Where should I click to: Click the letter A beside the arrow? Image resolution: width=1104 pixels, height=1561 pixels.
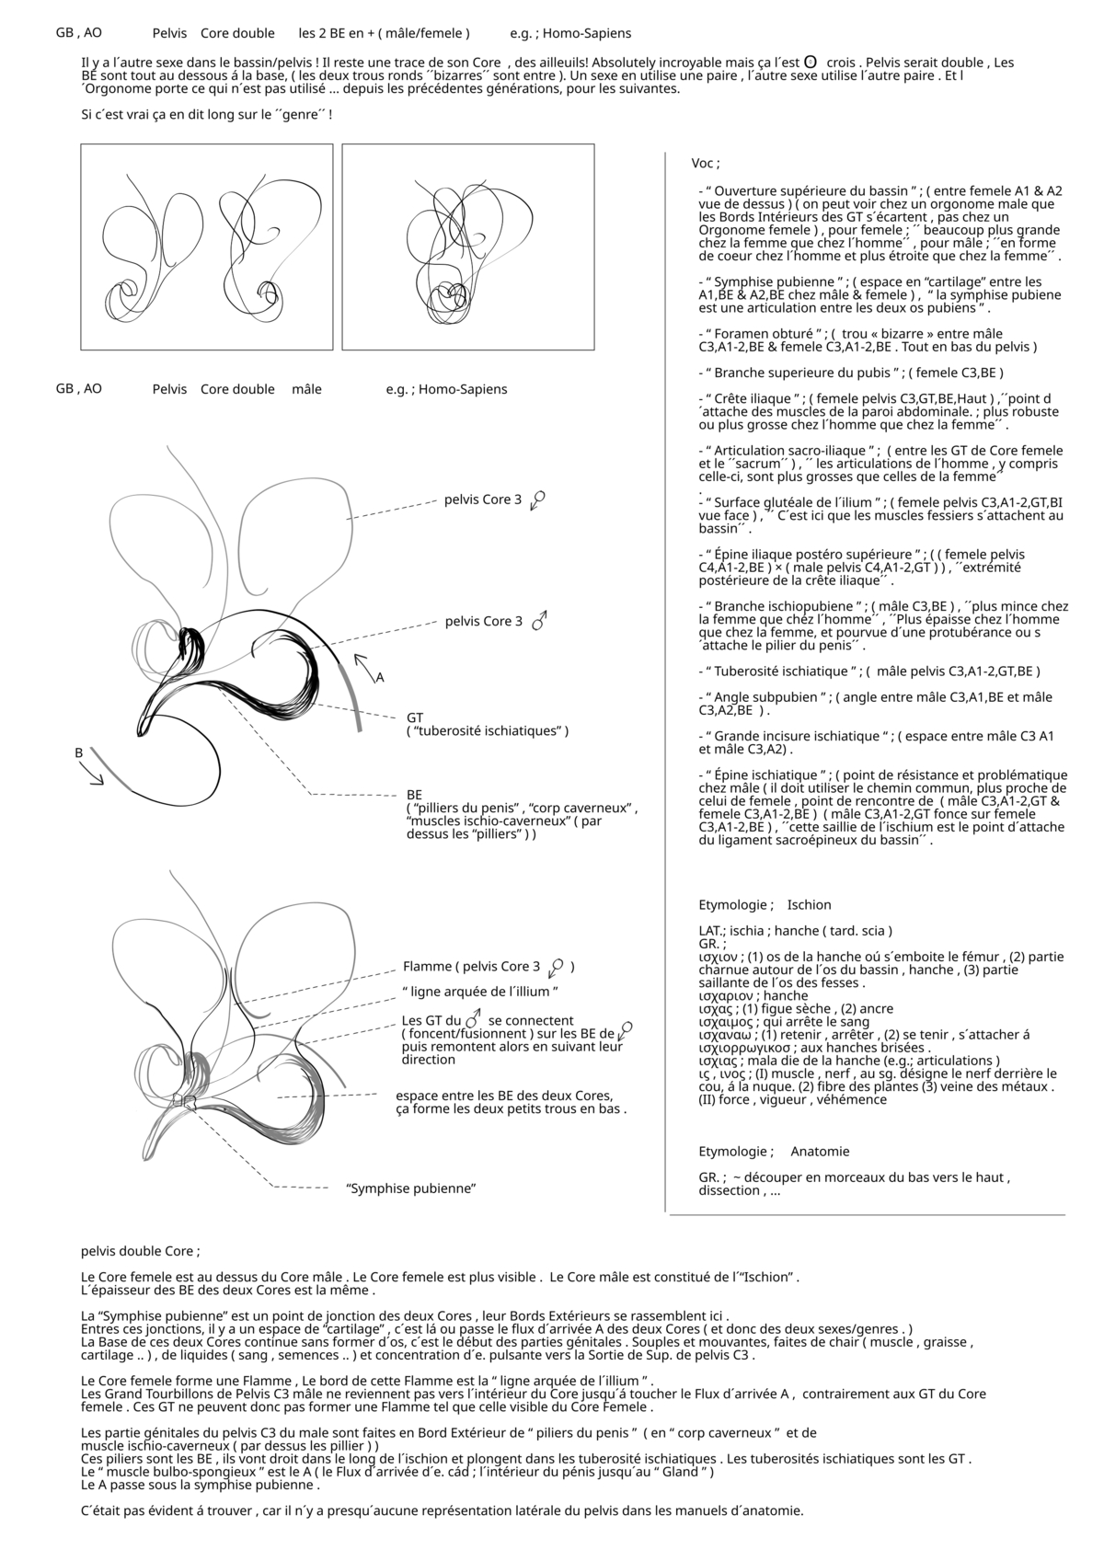point(379,678)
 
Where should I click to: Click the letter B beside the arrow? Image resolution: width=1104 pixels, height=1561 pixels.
point(79,752)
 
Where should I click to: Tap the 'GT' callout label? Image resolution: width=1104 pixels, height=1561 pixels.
point(415,717)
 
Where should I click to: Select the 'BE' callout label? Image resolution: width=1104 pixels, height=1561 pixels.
point(415,794)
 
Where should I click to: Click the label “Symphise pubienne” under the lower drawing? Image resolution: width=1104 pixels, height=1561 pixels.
point(410,1188)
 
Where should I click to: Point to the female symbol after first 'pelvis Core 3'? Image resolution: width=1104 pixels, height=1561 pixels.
point(538,499)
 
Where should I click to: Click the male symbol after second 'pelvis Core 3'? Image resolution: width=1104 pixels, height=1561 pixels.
point(540,621)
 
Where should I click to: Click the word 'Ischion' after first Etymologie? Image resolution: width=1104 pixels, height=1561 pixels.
point(809,905)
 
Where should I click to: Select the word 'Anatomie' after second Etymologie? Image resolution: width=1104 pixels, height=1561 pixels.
point(820,1152)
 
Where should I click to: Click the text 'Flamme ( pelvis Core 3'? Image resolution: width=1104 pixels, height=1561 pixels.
point(471,967)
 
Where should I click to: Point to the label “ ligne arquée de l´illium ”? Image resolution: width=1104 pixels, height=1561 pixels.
point(480,992)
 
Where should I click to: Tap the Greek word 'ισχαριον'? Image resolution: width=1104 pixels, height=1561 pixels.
point(727,996)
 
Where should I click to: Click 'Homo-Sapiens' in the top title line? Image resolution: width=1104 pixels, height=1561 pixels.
point(586,33)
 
